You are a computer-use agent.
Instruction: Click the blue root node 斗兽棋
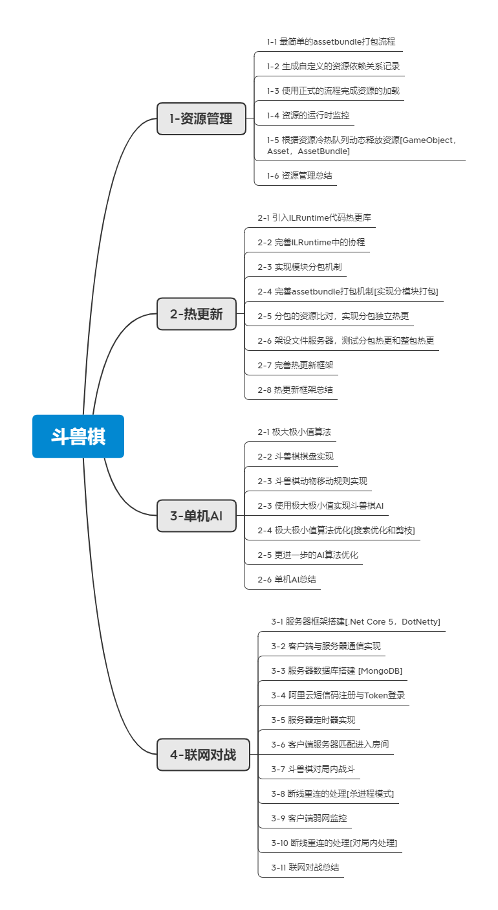78,436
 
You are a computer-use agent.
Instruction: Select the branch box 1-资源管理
201,118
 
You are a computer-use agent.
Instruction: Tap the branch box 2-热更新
197,314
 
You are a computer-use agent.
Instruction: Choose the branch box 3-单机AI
197,516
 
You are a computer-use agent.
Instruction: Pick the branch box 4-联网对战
203,754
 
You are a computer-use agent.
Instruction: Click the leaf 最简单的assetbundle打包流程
330,41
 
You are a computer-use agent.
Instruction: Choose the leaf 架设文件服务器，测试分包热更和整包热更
345,340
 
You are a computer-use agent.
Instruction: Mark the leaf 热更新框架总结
295,390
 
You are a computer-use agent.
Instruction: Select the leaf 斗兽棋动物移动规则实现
312,481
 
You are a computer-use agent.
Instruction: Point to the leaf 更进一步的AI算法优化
308,555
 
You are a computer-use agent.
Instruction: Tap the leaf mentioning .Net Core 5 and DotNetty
356,621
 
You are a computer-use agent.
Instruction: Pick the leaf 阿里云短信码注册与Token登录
338,695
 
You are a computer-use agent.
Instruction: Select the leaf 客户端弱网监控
309,818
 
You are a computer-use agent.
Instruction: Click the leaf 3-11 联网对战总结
305,867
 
